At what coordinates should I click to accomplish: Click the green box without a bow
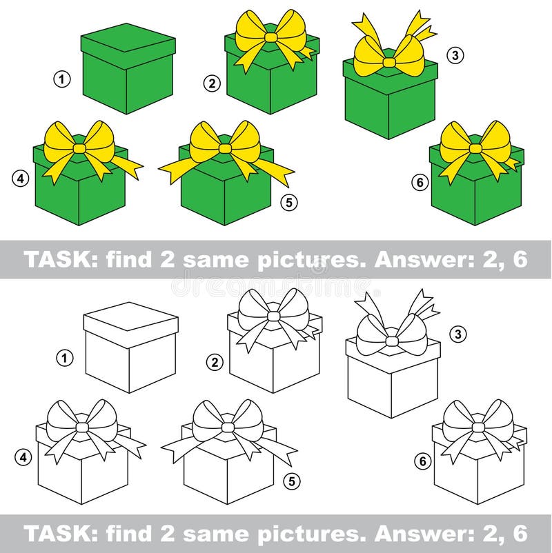pyautogui.click(x=128, y=69)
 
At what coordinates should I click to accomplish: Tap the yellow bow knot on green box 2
pyautogui.click(x=270, y=35)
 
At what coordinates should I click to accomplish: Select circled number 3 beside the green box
pyautogui.click(x=454, y=56)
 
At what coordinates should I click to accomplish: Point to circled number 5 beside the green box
pyautogui.click(x=290, y=203)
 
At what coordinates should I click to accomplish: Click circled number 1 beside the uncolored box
pyautogui.click(x=63, y=358)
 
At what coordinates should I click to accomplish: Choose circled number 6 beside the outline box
pyautogui.click(x=422, y=461)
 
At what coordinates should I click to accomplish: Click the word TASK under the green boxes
pyautogui.click(x=53, y=259)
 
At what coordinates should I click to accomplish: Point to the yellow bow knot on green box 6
pyautogui.click(x=475, y=148)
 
